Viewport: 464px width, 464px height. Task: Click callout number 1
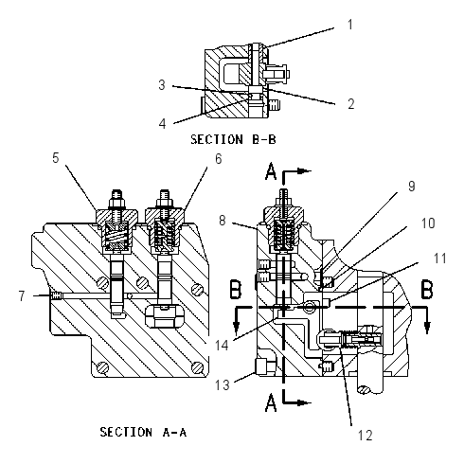coord(349,25)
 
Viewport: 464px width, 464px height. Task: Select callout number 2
coord(351,104)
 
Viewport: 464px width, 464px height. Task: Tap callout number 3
coord(162,85)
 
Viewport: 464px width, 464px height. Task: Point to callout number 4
coord(162,123)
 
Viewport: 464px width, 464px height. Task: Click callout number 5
coord(56,158)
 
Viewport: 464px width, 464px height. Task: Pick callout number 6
coord(219,159)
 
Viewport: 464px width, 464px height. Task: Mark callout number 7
coord(22,296)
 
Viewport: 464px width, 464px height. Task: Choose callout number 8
coord(223,221)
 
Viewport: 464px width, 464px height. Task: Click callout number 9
coord(412,187)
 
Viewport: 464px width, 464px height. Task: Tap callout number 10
coord(428,223)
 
